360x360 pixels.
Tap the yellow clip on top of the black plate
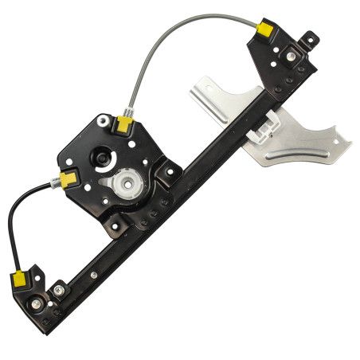[123, 123]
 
